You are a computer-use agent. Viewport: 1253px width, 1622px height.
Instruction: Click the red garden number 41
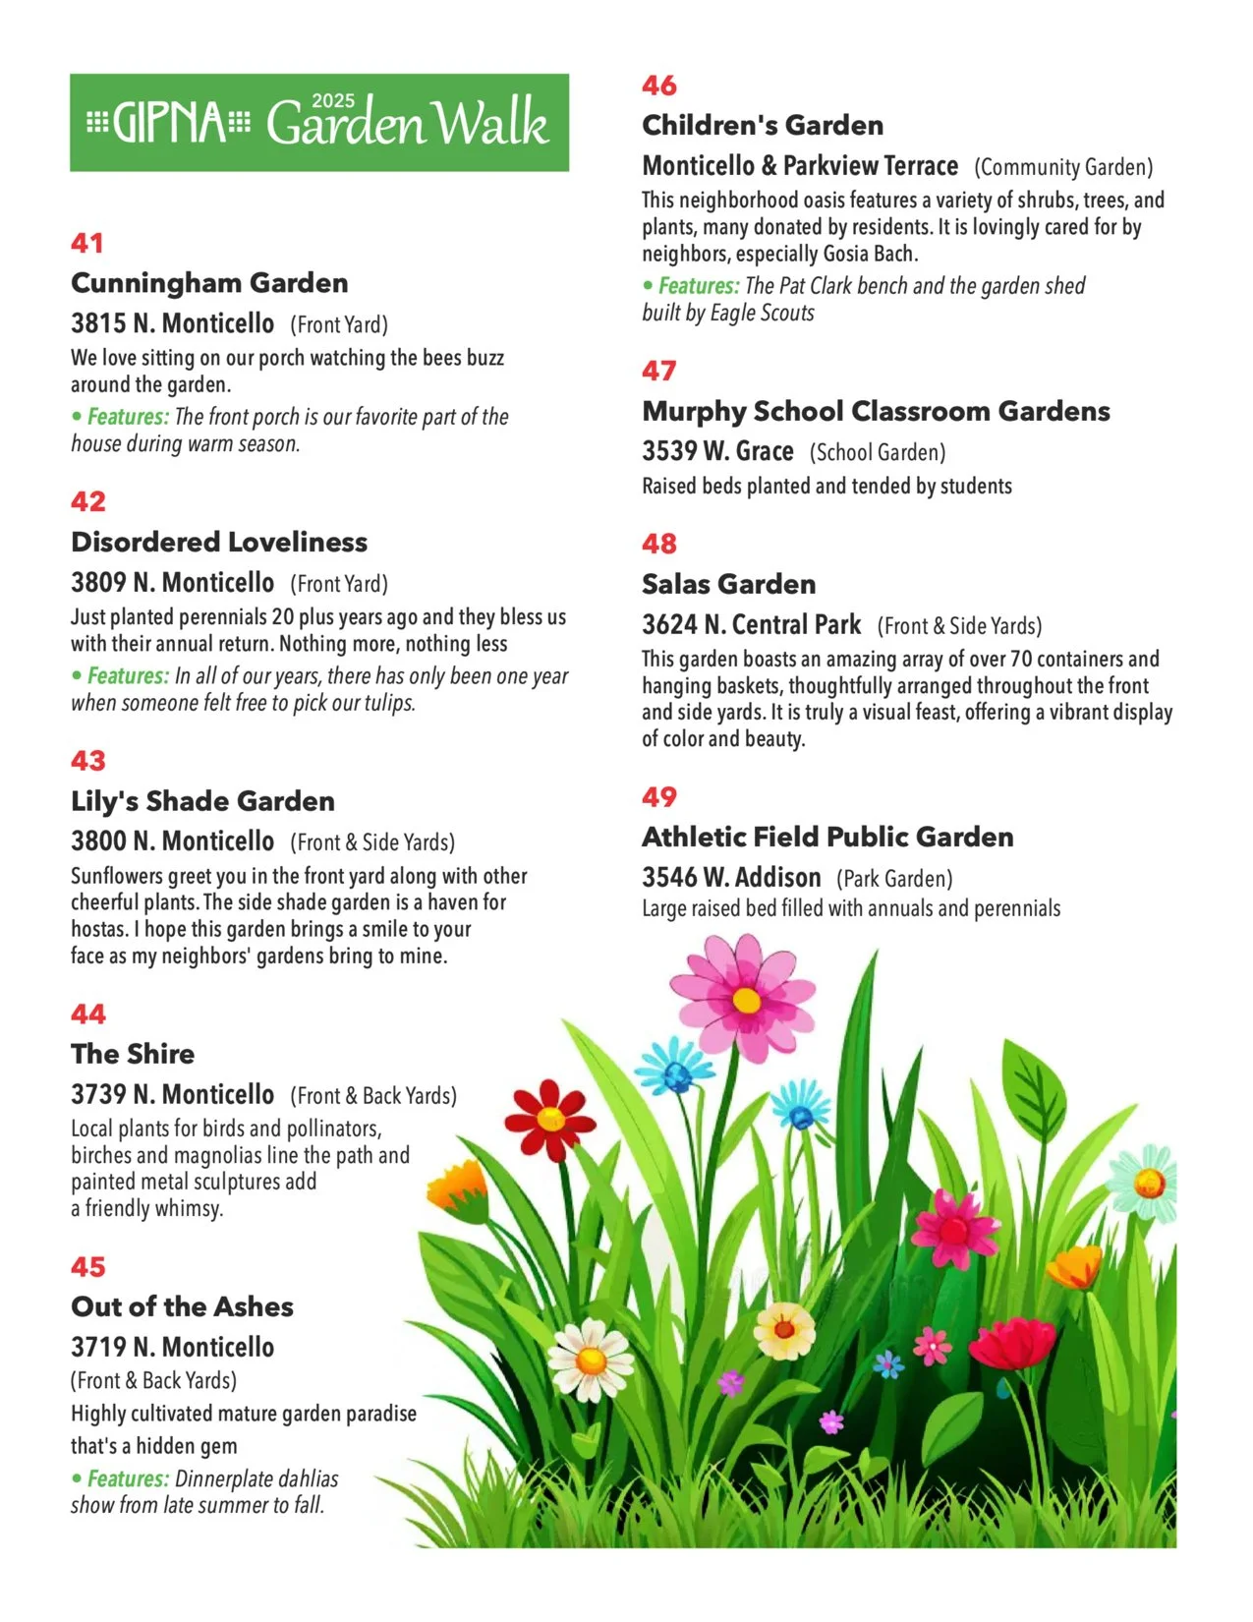(x=87, y=243)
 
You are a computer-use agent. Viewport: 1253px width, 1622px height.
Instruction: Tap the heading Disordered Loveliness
(x=219, y=542)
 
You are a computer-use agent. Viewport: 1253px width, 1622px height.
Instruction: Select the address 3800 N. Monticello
(x=172, y=841)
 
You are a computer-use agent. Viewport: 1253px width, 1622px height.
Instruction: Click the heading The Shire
(x=133, y=1054)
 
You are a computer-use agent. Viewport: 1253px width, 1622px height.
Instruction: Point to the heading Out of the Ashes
(x=182, y=1306)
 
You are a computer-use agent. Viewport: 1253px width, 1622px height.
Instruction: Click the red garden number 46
(x=659, y=86)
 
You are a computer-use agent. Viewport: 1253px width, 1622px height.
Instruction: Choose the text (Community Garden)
(x=1063, y=167)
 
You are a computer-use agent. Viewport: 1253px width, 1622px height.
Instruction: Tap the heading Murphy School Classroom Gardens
(x=876, y=411)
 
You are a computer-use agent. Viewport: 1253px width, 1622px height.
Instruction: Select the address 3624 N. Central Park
(x=751, y=625)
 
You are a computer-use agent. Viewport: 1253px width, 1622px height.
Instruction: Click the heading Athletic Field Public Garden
(x=827, y=837)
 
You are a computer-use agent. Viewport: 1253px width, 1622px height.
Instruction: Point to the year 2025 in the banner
(x=333, y=100)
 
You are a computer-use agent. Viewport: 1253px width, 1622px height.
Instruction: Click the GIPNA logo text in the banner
(x=169, y=123)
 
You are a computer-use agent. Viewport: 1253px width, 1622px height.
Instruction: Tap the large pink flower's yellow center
(x=746, y=1001)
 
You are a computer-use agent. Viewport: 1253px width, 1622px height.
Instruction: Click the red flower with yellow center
(x=550, y=1119)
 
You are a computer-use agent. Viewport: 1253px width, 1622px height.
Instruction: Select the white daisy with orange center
(x=592, y=1361)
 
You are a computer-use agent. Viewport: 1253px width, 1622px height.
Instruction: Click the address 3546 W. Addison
(x=731, y=877)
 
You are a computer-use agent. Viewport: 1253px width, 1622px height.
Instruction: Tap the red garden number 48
(x=659, y=544)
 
